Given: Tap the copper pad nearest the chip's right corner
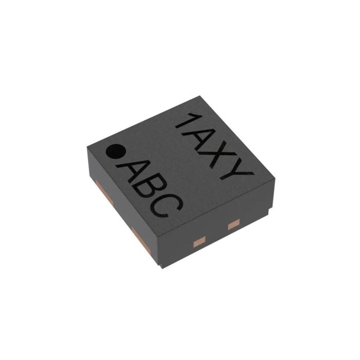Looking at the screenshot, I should pyautogui.click(x=233, y=224).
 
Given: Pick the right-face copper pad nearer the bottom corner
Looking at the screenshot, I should pyautogui.click(x=198, y=239).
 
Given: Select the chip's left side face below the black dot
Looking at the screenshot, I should pyautogui.click(x=121, y=206).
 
